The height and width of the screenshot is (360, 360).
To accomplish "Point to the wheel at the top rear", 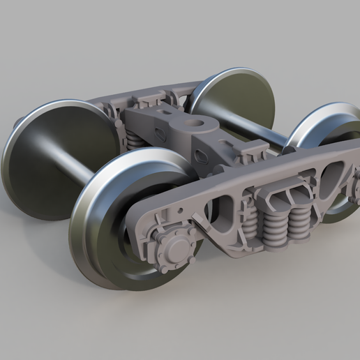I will (234, 98).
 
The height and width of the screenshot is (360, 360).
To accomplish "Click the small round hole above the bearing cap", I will (181, 210).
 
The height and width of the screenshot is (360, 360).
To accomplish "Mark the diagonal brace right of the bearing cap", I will (203, 227).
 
